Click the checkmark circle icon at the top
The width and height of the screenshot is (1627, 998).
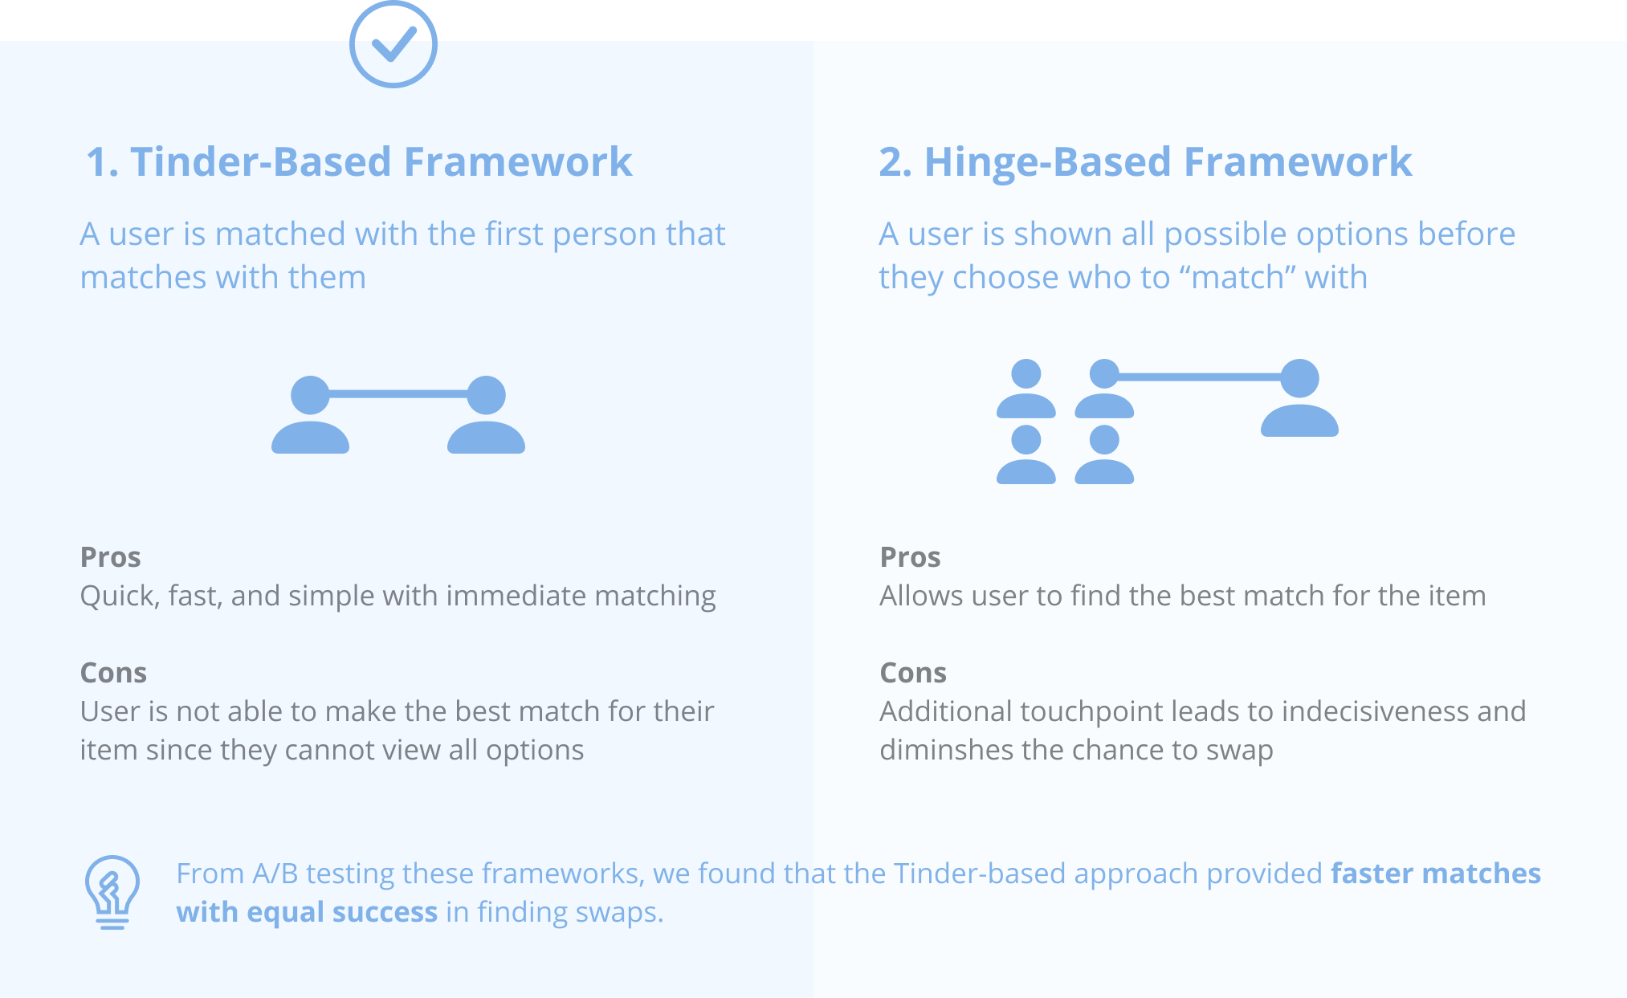tap(393, 44)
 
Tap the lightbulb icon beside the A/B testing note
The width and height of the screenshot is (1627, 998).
tap(112, 892)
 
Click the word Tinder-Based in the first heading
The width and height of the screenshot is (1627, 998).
tap(261, 161)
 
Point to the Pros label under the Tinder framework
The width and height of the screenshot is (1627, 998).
tap(111, 556)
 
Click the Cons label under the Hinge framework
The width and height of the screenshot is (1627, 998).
tap(913, 672)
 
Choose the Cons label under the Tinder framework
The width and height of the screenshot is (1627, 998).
tap(113, 672)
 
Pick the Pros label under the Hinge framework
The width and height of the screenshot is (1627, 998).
tap(910, 556)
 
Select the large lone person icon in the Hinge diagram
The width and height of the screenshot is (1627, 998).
tap(1299, 398)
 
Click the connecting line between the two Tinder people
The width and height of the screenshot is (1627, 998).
tap(398, 393)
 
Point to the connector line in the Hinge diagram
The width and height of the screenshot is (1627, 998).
tap(1200, 377)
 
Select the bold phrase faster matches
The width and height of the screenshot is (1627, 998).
tap(1436, 873)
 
